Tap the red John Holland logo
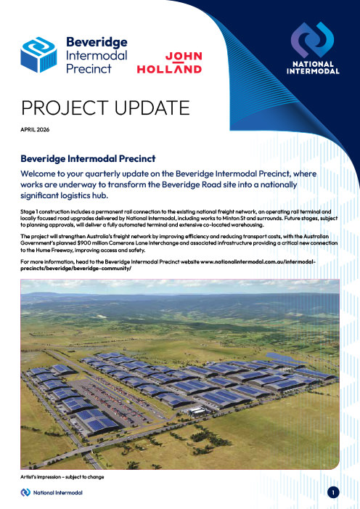[169, 62]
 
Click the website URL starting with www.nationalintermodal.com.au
[255, 261]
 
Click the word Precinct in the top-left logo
[86, 69]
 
